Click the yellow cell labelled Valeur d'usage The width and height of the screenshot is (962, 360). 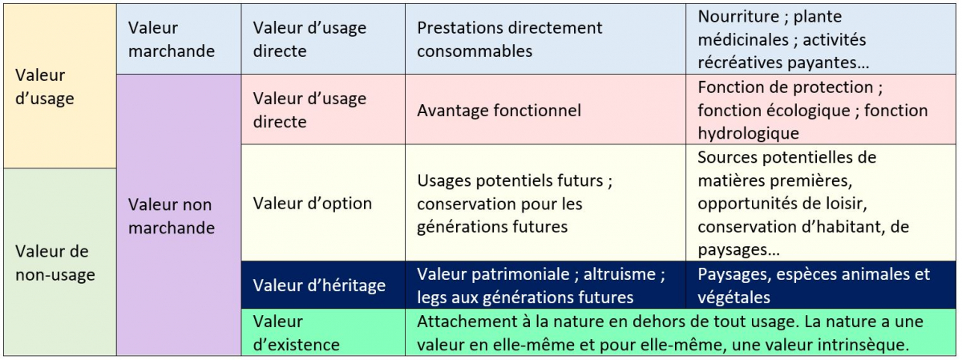[x=60, y=86]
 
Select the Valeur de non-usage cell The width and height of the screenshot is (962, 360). [x=60, y=262]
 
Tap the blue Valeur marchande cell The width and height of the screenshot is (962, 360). [x=179, y=39]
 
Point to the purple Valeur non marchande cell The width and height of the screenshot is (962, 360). [x=179, y=215]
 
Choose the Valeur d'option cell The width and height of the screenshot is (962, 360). [x=323, y=203]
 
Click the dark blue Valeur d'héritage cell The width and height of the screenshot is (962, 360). [x=323, y=285]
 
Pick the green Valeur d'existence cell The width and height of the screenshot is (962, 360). [x=323, y=332]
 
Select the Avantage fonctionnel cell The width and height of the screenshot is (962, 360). [x=545, y=110]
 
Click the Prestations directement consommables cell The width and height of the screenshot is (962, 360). [x=545, y=39]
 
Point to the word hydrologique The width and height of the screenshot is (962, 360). [x=748, y=133]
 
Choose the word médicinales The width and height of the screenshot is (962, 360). [x=743, y=39]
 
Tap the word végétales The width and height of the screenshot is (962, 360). [x=734, y=297]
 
